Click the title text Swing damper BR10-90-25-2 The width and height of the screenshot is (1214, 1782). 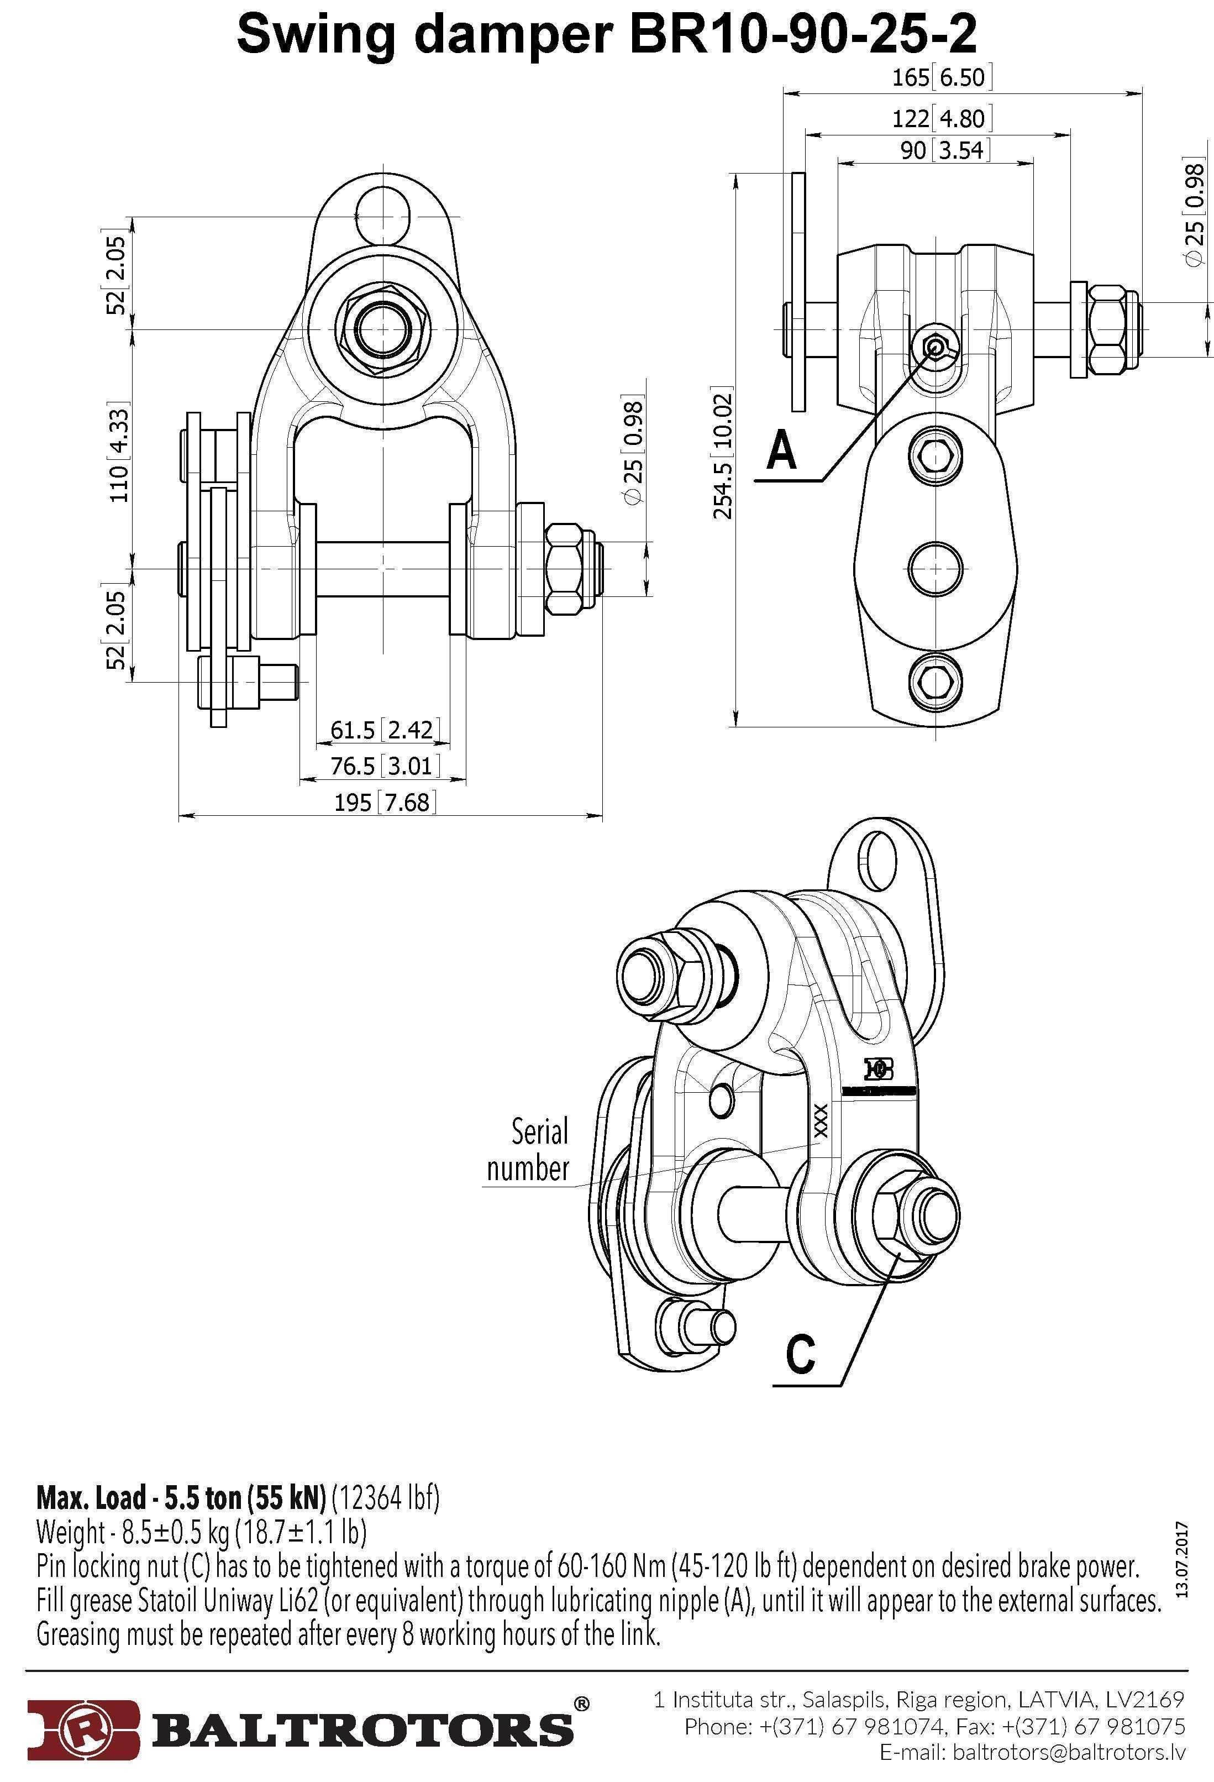606,34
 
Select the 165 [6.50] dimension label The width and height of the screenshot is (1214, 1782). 942,77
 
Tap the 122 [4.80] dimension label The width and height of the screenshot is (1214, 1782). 942,119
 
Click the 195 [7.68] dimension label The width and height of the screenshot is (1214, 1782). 385,803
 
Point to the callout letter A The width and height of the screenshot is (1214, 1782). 782,449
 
